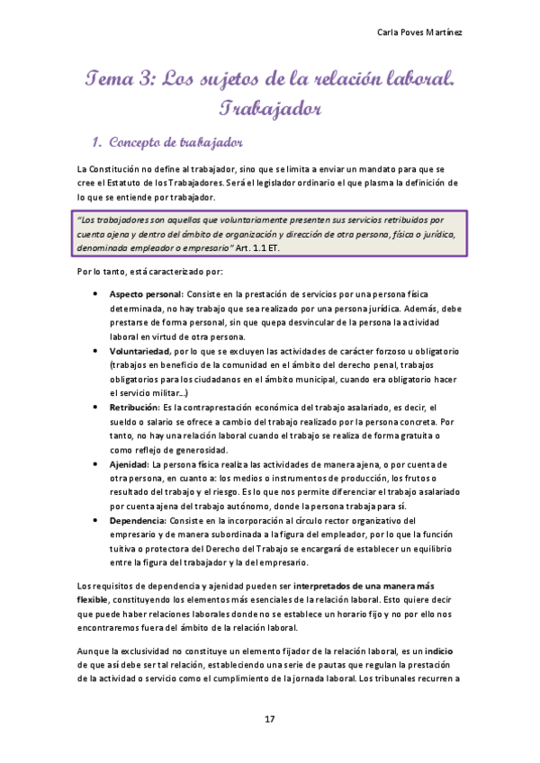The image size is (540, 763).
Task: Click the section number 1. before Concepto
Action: [98, 143]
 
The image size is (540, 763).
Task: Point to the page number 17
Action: [269, 718]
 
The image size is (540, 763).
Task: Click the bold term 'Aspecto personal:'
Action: [146, 294]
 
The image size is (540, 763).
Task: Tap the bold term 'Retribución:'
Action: [135, 408]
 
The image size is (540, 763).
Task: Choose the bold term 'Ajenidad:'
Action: [130, 464]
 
